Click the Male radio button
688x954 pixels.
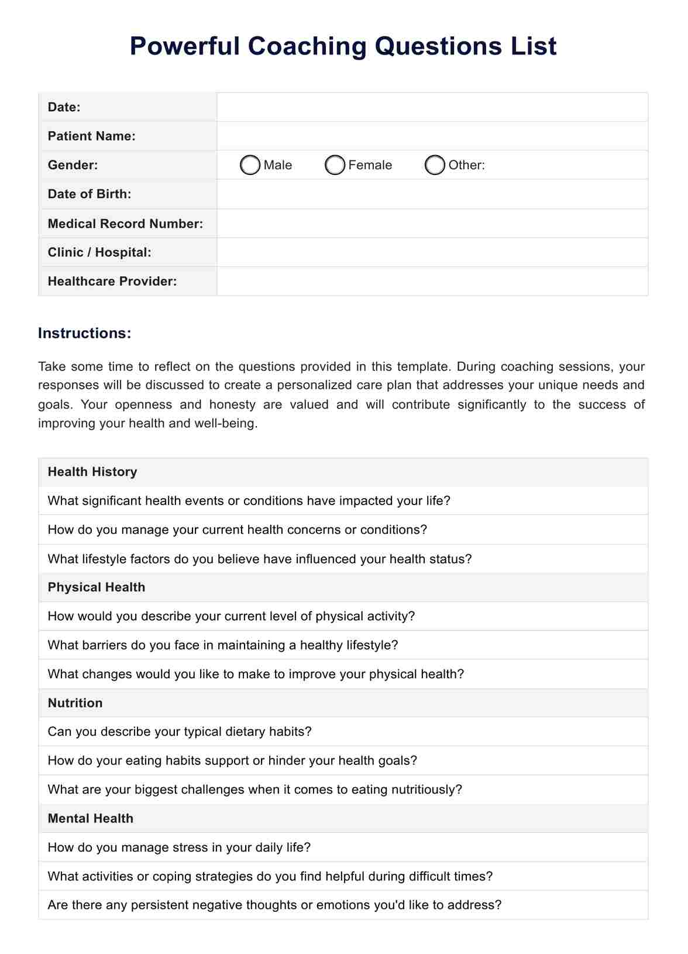click(250, 165)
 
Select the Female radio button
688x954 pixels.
click(335, 165)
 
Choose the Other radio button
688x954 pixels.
click(435, 165)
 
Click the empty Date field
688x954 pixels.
click(432, 107)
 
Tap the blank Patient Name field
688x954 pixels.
click(432, 136)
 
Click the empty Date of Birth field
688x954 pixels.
click(432, 194)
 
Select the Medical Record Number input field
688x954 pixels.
click(432, 224)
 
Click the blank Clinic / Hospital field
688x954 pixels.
click(432, 252)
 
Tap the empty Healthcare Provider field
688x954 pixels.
click(432, 281)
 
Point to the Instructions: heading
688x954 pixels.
click(85, 333)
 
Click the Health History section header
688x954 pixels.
click(92, 472)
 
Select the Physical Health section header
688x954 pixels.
click(97, 587)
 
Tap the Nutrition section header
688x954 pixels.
click(75, 703)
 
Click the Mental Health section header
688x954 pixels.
click(91, 818)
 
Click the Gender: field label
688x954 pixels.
click(73, 165)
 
